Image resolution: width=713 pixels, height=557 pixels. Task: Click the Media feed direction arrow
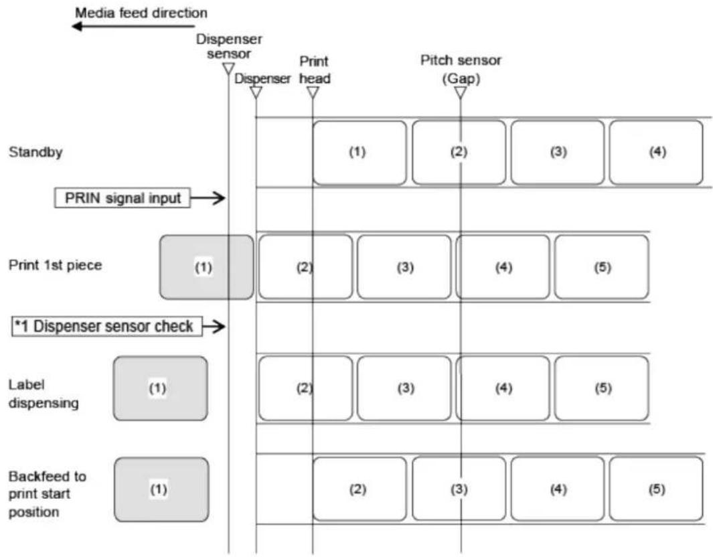coord(133,26)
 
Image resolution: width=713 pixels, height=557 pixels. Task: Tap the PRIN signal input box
coord(123,197)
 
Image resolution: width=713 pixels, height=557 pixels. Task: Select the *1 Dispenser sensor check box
coord(107,326)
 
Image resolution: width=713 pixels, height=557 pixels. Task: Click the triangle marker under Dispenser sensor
coord(228,69)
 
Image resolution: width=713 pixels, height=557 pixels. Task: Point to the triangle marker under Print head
coord(313,92)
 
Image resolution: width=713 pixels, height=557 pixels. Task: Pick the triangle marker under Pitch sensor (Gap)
coord(461,92)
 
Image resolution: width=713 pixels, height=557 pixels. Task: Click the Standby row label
coord(35,152)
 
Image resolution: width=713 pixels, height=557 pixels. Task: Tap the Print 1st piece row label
coord(55,265)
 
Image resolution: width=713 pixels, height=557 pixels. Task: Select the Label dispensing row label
coord(44,394)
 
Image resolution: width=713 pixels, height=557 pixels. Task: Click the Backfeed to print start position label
coord(48,494)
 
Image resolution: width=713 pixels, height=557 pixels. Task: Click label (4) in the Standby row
coord(656,153)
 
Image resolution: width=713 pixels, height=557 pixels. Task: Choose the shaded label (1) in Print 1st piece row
coord(206,267)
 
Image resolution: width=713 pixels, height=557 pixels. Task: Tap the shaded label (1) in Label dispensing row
coord(161,388)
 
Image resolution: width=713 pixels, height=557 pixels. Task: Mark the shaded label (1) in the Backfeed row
coord(161,489)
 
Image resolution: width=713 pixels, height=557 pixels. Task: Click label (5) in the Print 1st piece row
coord(602,267)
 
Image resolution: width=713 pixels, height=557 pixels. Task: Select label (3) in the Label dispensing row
coord(404,388)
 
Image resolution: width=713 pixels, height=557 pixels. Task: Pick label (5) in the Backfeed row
coord(656,489)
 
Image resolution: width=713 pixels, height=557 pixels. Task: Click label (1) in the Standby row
coord(360,153)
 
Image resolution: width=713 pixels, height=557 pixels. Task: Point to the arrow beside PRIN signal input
coord(208,197)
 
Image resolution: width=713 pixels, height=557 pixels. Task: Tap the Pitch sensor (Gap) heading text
coord(461,69)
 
